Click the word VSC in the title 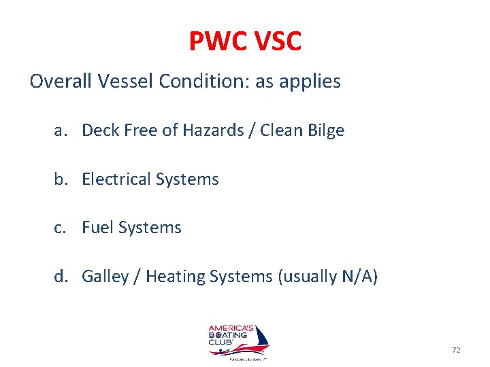275,42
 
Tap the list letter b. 60,179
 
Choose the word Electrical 116,179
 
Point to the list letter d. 60,277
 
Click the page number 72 456,350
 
